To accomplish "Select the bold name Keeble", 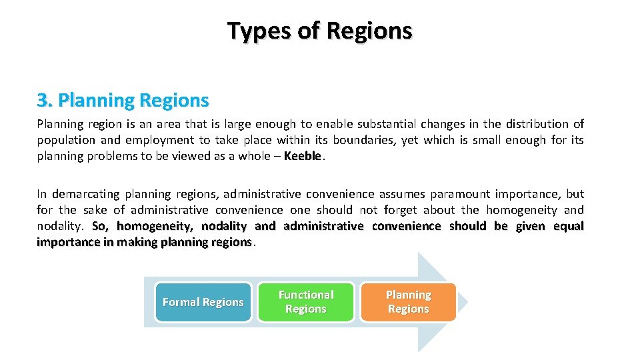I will (x=303, y=157).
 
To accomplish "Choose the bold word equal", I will (x=569, y=226).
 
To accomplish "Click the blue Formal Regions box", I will (x=203, y=302).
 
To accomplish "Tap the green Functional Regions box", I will (x=306, y=302).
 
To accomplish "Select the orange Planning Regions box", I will (x=409, y=302).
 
